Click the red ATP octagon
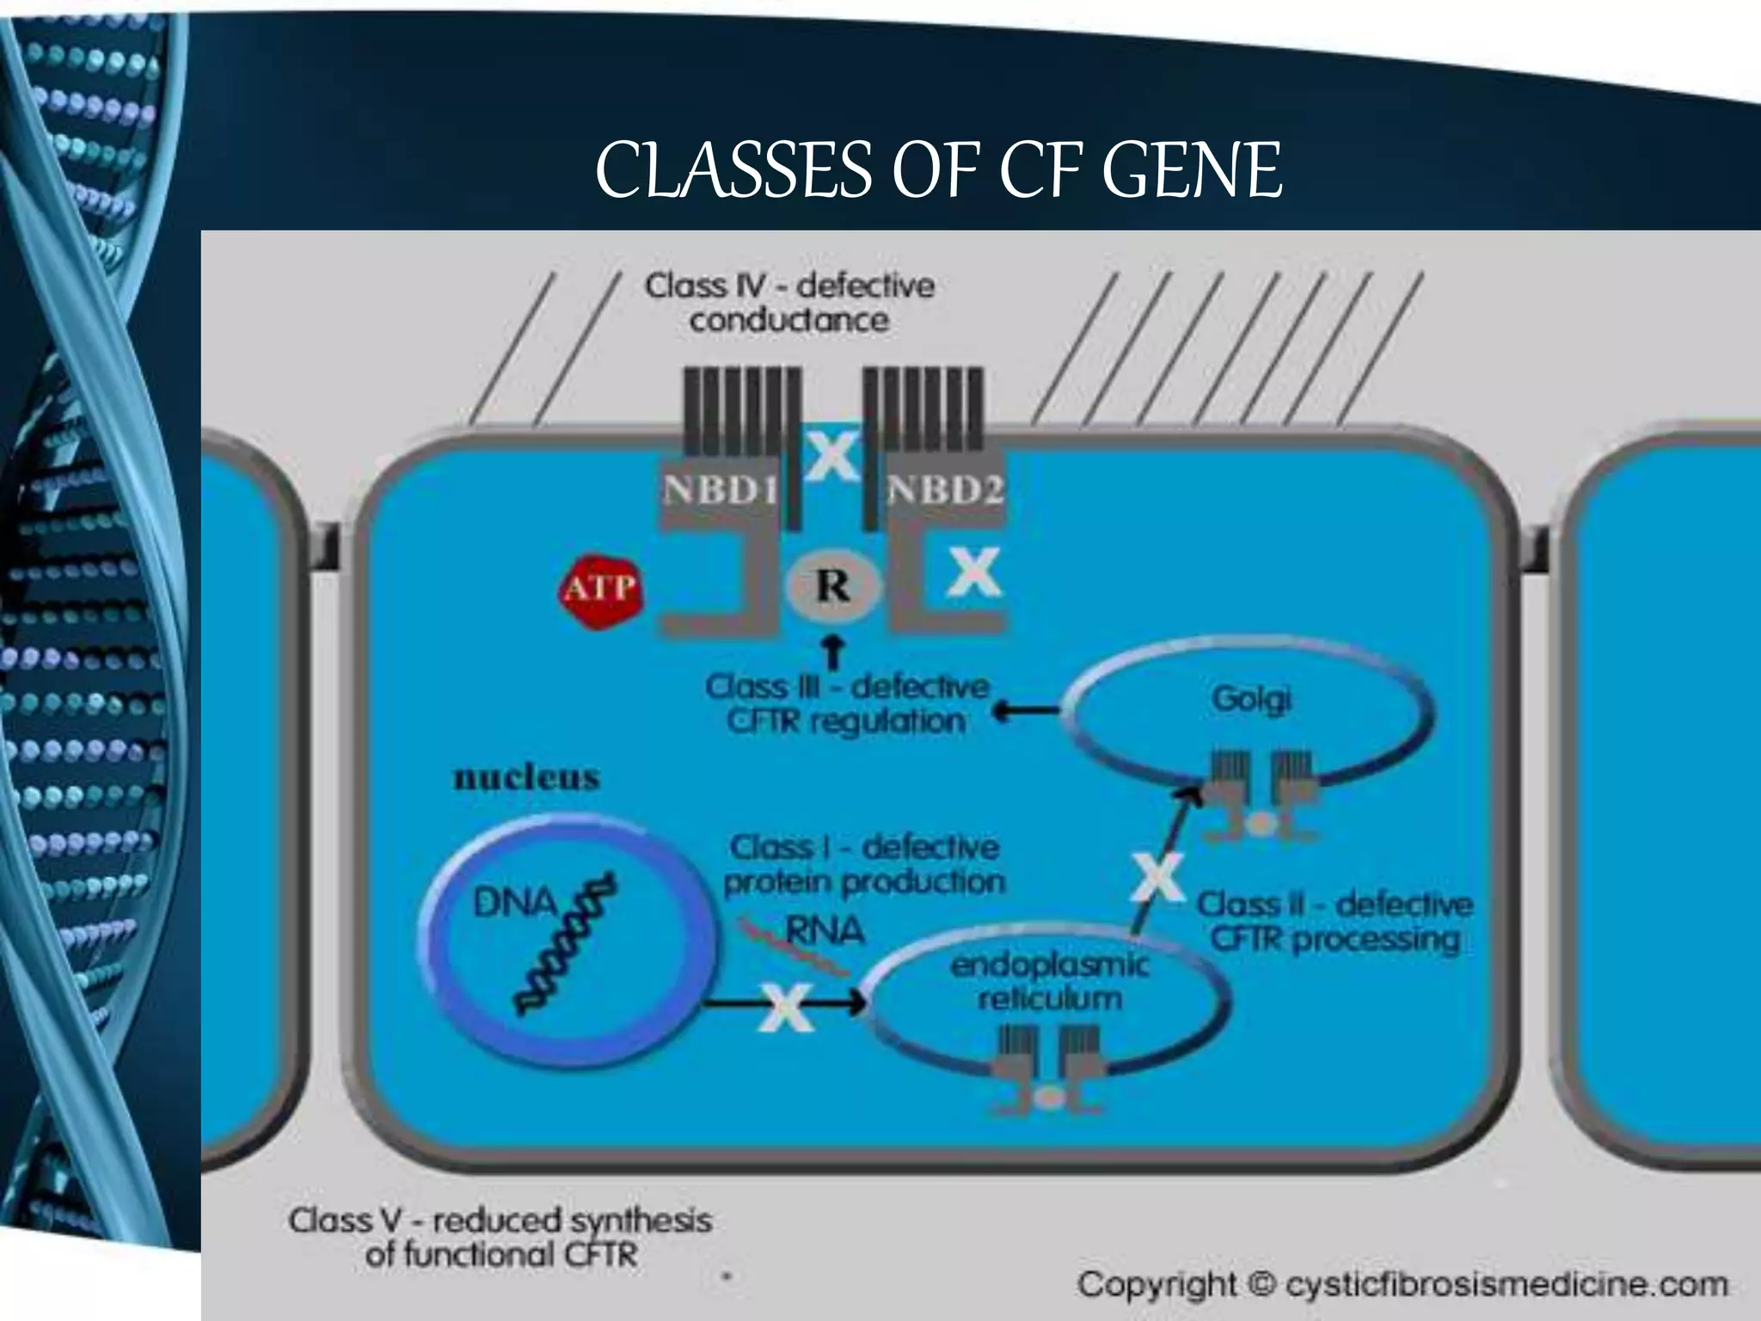pos(600,591)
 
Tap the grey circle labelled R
pos(832,587)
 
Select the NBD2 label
pos(945,491)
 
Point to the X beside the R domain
pos(974,571)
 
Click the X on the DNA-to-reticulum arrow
pos(786,1006)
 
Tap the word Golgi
pos(1252,699)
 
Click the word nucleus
pos(526,777)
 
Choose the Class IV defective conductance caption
pos(789,303)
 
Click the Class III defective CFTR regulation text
pos(847,704)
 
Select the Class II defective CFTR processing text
pos(1335,922)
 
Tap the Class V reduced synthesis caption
pos(500,1237)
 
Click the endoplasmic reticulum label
pos(1049,981)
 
